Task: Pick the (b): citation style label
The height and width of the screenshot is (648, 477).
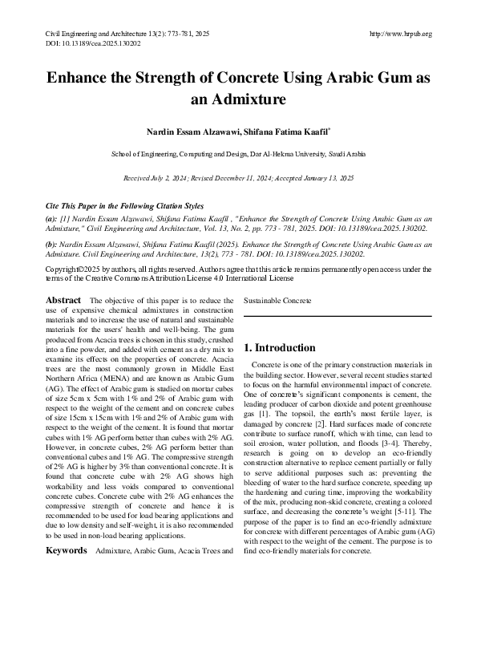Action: click(x=51, y=243)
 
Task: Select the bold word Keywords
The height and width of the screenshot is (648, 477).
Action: click(x=66, y=529)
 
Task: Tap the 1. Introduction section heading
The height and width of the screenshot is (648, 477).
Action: click(x=280, y=347)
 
